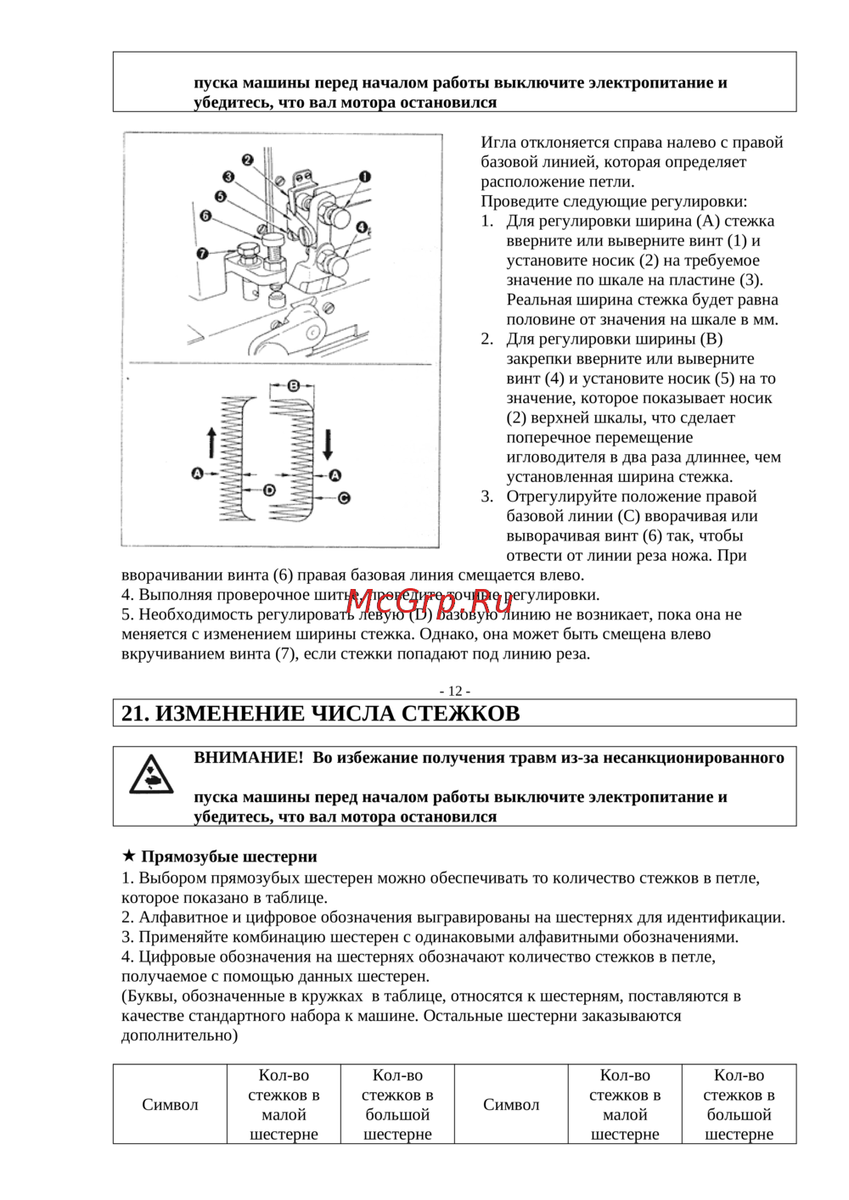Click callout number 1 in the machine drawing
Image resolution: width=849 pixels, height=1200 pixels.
click(364, 177)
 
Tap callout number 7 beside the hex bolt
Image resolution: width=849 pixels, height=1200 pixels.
click(202, 253)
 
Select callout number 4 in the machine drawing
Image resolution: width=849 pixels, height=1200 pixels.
click(362, 227)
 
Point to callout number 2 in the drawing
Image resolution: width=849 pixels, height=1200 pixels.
click(247, 160)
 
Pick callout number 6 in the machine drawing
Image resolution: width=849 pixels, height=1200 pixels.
click(205, 216)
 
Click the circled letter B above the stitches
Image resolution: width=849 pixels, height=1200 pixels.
click(293, 385)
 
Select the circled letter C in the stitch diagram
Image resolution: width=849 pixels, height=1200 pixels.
click(344, 498)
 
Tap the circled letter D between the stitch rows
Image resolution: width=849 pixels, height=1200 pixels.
click(269, 490)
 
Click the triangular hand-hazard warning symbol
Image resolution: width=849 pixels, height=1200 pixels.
click(151, 775)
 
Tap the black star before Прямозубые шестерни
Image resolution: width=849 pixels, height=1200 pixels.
click(129, 855)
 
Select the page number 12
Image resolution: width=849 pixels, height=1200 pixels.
click(455, 691)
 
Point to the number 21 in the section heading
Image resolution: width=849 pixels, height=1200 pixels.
click(133, 714)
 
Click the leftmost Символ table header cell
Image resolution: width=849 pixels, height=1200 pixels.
click(170, 1104)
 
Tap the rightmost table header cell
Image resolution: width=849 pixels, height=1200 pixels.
click(739, 1104)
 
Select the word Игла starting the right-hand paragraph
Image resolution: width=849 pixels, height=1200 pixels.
click(498, 143)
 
